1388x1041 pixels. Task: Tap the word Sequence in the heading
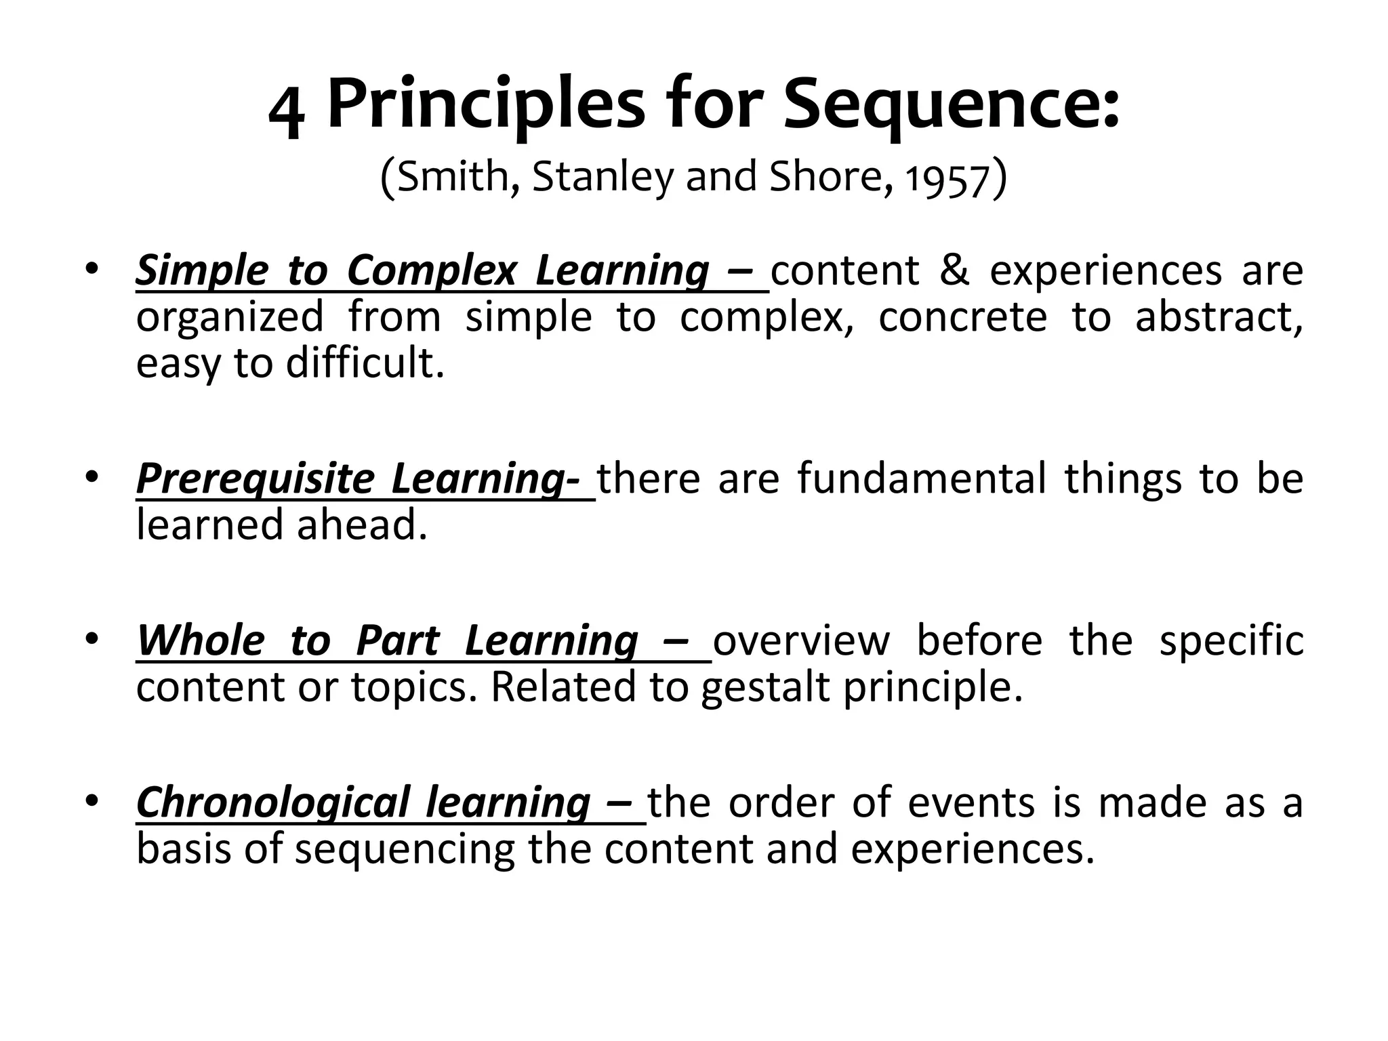point(951,106)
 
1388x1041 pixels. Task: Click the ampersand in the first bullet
point(954,270)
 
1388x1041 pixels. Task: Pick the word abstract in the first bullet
point(1218,317)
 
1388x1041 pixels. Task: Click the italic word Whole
point(200,640)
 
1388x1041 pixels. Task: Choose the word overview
point(801,640)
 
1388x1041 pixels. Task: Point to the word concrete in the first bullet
point(962,317)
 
